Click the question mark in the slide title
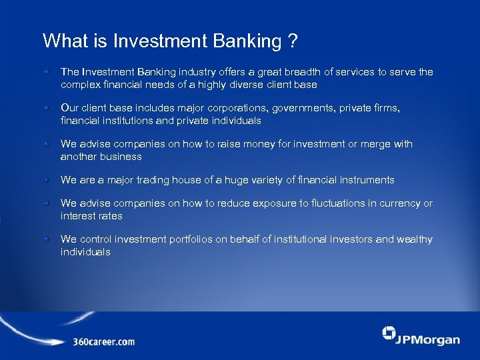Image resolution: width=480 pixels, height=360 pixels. tap(293, 41)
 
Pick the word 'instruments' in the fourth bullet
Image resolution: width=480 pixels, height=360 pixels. tap(368, 180)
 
